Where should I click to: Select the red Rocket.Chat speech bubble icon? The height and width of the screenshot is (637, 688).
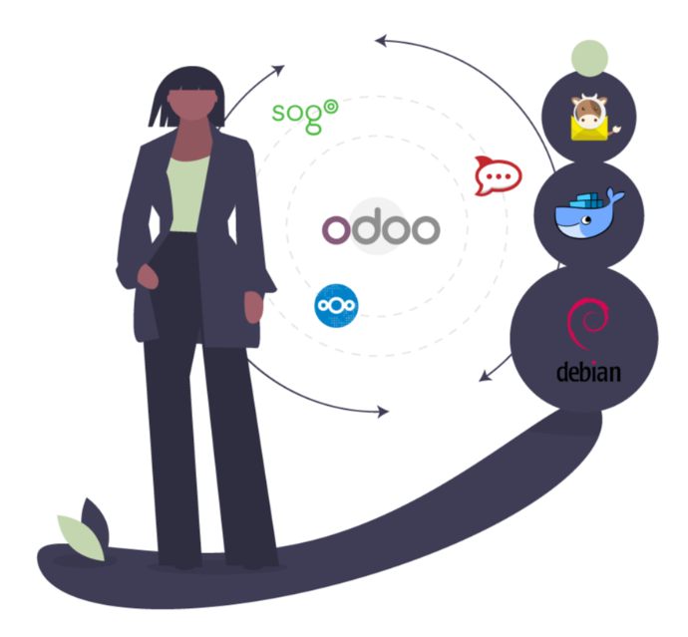tap(498, 175)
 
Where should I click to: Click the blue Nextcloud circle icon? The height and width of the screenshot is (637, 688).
tap(336, 305)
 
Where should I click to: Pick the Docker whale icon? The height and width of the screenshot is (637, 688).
tap(588, 213)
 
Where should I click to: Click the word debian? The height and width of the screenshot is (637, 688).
tap(588, 373)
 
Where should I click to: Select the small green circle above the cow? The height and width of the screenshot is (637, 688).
tap(589, 59)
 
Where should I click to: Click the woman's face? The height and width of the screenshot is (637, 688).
tap(192, 104)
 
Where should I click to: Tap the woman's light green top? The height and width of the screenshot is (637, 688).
tap(188, 193)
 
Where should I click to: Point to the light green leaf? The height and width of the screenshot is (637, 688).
tap(81, 537)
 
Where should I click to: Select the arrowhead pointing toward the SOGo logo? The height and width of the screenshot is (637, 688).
tap(278, 70)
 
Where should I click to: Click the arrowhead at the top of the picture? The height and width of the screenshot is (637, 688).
tap(381, 40)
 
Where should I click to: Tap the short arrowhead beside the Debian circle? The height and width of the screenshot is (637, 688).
tap(485, 376)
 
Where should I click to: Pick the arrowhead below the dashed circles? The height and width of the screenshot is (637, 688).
tap(383, 412)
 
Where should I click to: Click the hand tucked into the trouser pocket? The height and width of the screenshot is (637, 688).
tap(148, 277)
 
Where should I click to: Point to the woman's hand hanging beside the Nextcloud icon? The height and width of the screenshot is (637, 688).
tap(253, 307)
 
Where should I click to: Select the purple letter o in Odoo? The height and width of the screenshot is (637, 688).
tap(337, 230)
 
